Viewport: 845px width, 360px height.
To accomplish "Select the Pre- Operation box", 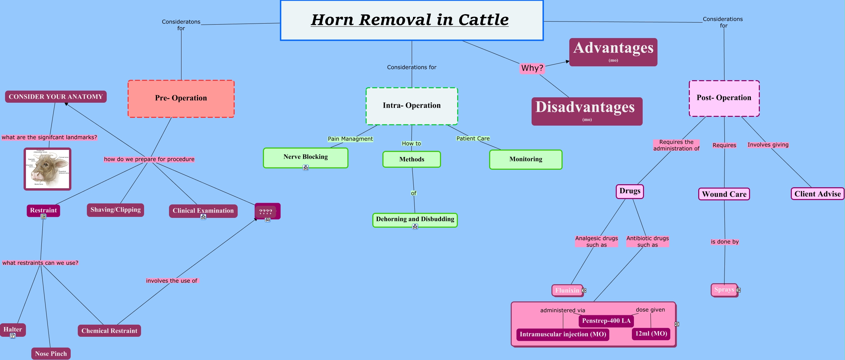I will click(181, 99).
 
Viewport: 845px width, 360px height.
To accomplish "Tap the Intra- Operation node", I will click(412, 106).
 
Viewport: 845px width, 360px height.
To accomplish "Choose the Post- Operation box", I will click(724, 98).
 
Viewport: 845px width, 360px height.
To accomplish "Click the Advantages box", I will click(613, 52).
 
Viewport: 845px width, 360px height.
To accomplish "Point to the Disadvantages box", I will click(587, 111).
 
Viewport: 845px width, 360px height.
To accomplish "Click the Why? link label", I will click(532, 68).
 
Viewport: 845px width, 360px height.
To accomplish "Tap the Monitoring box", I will click(526, 160).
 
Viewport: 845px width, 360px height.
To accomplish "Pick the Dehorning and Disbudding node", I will click(415, 220).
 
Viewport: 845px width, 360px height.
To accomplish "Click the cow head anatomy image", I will click(47, 169).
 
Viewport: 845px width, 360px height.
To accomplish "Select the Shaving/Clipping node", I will click(115, 210).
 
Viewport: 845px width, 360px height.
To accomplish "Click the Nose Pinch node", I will click(51, 354).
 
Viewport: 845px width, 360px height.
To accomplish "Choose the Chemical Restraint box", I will click(109, 331).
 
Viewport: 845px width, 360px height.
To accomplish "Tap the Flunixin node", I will click(567, 290).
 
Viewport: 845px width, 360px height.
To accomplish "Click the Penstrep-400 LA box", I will click(606, 321).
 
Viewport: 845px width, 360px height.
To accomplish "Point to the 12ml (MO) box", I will click(651, 334).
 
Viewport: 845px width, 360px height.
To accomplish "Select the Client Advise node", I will click(817, 194).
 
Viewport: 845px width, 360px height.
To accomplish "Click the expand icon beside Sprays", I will click(738, 290).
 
